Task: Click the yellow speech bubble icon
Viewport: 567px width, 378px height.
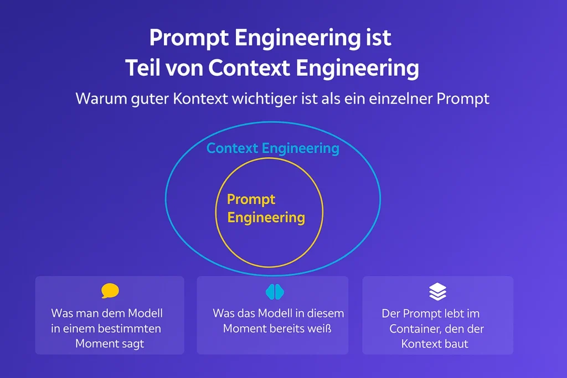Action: pyautogui.click(x=110, y=291)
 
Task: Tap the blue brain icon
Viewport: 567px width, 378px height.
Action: pyautogui.click(x=275, y=292)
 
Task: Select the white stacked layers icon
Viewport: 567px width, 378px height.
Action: pyautogui.click(x=437, y=292)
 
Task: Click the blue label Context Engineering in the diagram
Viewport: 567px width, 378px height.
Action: pyautogui.click(x=272, y=148)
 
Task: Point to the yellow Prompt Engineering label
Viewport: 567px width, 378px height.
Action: pyautogui.click(x=266, y=209)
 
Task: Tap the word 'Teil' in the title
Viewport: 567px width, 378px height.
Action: pyautogui.click(x=142, y=68)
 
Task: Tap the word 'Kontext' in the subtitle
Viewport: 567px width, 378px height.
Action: pyautogui.click(x=200, y=99)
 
